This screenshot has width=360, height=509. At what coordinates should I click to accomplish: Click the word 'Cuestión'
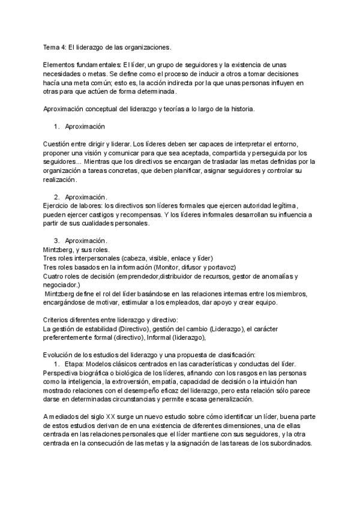tap(59, 144)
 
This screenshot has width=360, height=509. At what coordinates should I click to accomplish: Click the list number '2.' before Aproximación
tap(57, 197)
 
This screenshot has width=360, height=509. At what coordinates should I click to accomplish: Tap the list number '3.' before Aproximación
tap(57, 241)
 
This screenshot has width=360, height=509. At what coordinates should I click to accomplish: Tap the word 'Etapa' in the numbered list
tap(74, 364)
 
